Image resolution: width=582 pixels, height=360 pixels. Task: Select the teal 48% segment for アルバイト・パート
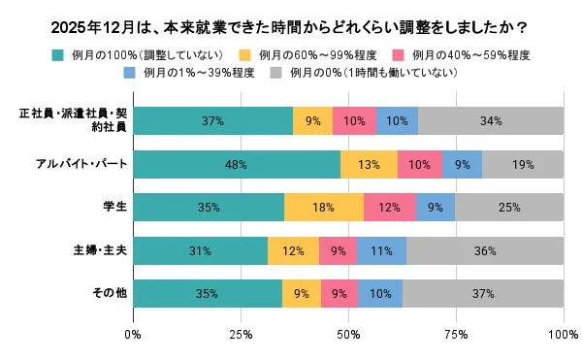click(x=236, y=165)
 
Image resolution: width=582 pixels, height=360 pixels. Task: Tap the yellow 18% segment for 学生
click(x=324, y=208)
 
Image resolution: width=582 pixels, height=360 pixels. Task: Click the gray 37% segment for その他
click(x=482, y=293)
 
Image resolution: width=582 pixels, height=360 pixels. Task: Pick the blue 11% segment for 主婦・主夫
click(x=381, y=250)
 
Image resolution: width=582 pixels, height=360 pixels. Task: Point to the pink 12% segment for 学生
click(x=390, y=208)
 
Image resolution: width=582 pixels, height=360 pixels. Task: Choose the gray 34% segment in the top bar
click(x=490, y=121)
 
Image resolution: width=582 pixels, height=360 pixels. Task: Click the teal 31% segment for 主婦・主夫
click(x=200, y=250)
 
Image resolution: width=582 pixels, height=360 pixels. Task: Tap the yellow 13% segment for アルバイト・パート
click(x=369, y=165)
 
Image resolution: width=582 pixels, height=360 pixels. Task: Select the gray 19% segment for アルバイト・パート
click(x=523, y=165)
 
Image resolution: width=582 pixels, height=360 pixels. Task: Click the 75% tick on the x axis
click(x=456, y=335)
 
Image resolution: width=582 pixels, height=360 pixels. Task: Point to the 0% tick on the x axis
click(x=133, y=335)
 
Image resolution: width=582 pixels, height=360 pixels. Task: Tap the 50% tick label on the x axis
click(x=348, y=335)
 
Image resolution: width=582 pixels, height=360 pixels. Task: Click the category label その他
click(x=107, y=293)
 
